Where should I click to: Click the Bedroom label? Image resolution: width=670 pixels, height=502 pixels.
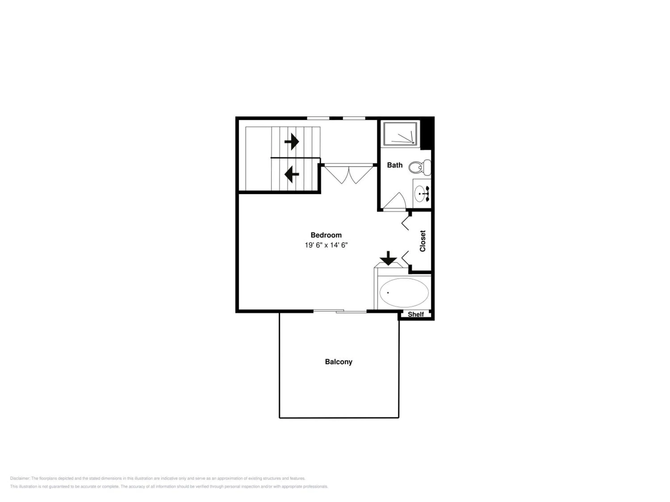pos(326,235)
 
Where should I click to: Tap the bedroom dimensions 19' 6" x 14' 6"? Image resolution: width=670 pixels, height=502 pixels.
pos(326,245)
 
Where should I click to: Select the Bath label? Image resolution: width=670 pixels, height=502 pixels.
pos(395,165)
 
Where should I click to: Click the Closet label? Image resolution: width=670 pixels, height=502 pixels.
pos(423,241)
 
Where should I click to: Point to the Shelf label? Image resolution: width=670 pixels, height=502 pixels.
pos(416,314)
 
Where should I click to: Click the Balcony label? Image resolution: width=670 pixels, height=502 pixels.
pos(338,362)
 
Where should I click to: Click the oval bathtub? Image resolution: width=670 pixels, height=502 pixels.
pos(404,292)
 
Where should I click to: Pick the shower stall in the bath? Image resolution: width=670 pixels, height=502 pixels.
pos(401,133)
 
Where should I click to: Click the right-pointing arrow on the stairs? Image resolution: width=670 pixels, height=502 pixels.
pos(292,141)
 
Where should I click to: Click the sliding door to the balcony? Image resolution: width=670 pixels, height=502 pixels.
pos(340,311)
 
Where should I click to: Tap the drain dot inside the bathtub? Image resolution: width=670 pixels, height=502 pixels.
pos(388,292)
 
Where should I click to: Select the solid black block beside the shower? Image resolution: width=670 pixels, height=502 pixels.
pos(427,133)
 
